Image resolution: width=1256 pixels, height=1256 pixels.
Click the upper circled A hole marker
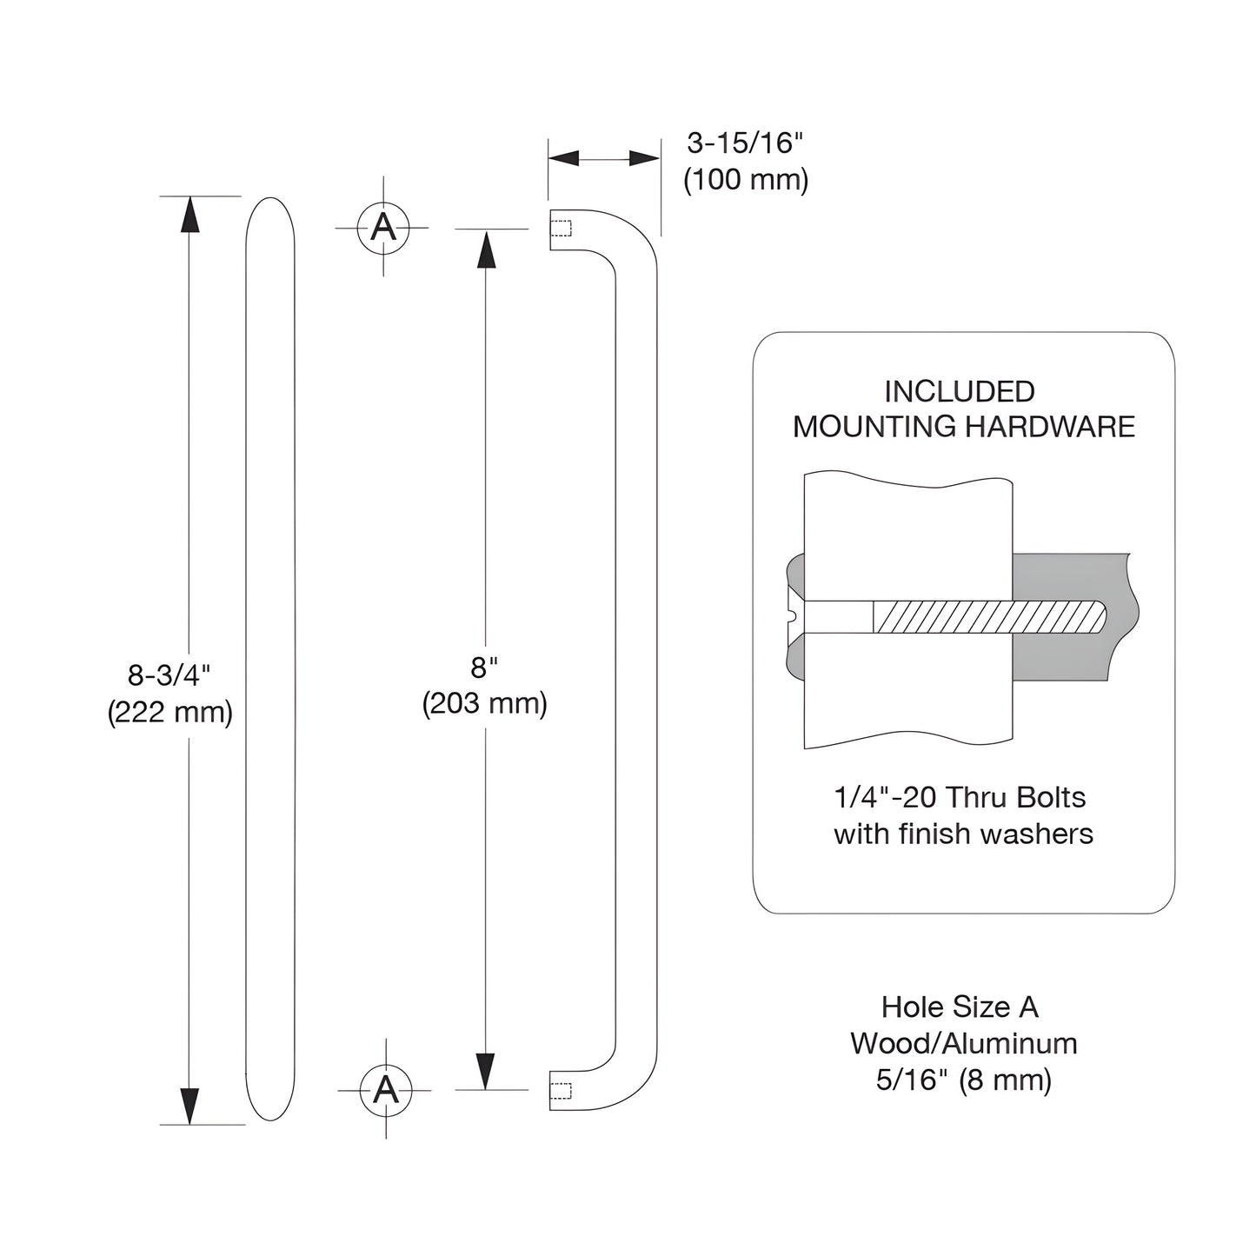tap(383, 228)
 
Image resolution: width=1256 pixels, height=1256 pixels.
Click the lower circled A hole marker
tap(385, 1089)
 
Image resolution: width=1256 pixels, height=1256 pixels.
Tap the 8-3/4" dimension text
tap(169, 675)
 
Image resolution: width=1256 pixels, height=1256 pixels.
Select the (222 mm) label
tap(170, 713)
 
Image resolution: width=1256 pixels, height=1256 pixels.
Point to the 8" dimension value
tap(484, 668)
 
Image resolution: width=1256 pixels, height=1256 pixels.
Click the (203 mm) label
tap(484, 703)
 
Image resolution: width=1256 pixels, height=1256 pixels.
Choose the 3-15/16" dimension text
tap(741, 143)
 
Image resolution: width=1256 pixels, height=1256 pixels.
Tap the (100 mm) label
tap(746, 180)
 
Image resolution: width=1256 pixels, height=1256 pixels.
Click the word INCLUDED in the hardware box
tap(960, 392)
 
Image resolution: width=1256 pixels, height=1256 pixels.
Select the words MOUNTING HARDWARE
tap(964, 427)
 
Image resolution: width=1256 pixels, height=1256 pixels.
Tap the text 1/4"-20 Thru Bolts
tap(960, 797)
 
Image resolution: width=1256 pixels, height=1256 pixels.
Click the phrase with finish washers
tap(963, 834)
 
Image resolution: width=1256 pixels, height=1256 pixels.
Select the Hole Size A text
tap(960, 1007)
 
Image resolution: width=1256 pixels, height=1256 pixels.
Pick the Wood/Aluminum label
tap(963, 1043)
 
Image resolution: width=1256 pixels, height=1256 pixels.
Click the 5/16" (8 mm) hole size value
tap(963, 1080)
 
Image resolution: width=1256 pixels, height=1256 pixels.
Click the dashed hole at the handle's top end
tap(562, 229)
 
